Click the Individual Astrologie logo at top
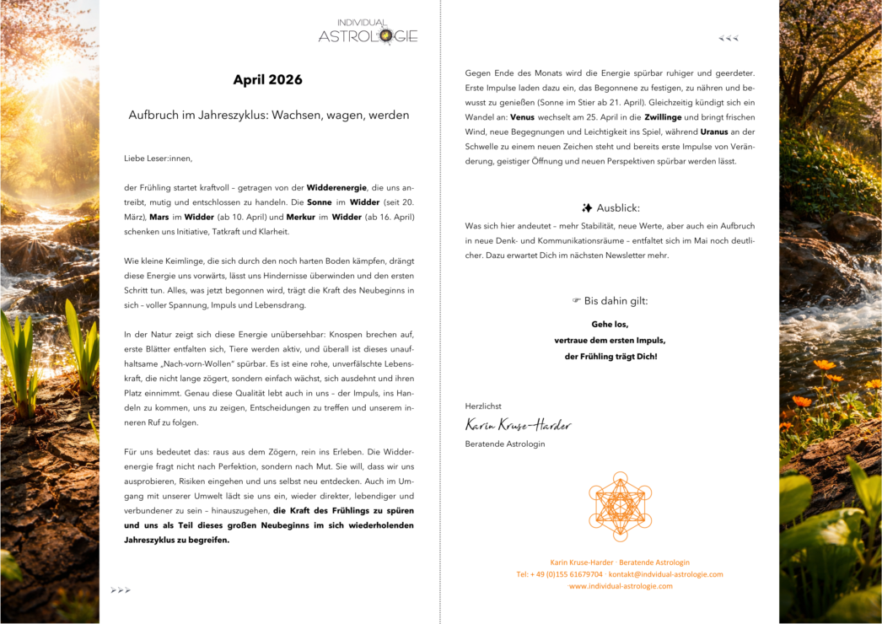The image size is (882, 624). point(368,32)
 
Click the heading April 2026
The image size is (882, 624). point(267,80)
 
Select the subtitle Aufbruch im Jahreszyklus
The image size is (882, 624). point(268,115)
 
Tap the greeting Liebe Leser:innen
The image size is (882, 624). point(158,158)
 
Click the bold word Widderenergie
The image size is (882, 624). point(336,187)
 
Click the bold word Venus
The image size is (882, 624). point(522,117)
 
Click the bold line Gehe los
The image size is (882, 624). point(610,324)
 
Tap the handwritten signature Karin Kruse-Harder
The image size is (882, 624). point(518,424)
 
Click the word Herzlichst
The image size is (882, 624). point(483,406)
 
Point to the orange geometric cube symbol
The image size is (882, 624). point(620,506)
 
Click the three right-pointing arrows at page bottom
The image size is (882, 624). point(121,590)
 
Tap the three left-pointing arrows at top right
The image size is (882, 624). point(729,38)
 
